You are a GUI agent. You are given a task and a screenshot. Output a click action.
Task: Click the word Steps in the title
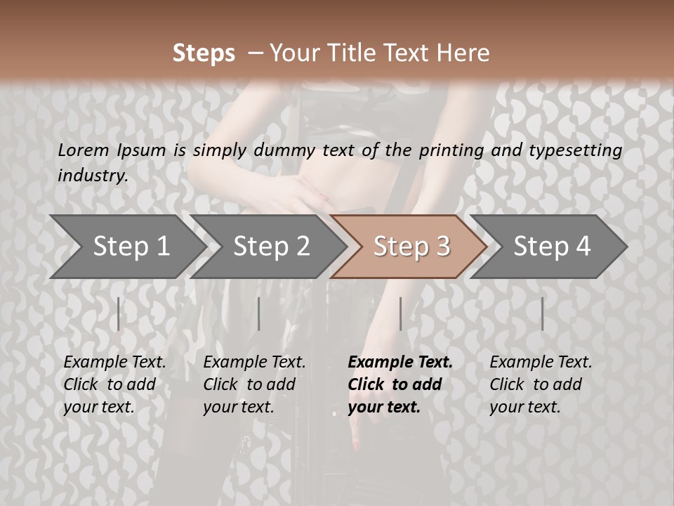point(204,53)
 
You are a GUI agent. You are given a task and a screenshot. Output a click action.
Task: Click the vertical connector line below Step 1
point(119,313)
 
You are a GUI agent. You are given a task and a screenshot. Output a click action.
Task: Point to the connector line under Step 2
point(259,313)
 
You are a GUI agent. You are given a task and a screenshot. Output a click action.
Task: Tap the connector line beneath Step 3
point(400,313)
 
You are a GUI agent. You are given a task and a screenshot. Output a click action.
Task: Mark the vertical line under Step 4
point(542,313)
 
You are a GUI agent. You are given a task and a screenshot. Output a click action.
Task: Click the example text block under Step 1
point(114,384)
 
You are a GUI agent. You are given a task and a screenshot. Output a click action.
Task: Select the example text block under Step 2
point(254,384)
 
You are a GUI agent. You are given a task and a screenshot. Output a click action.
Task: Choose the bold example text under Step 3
point(400,384)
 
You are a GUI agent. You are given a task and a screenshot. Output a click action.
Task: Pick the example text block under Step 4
point(541,384)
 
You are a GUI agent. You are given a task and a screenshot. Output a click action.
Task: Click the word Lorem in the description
point(83,150)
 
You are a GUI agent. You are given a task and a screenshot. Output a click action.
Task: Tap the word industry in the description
point(92,176)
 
